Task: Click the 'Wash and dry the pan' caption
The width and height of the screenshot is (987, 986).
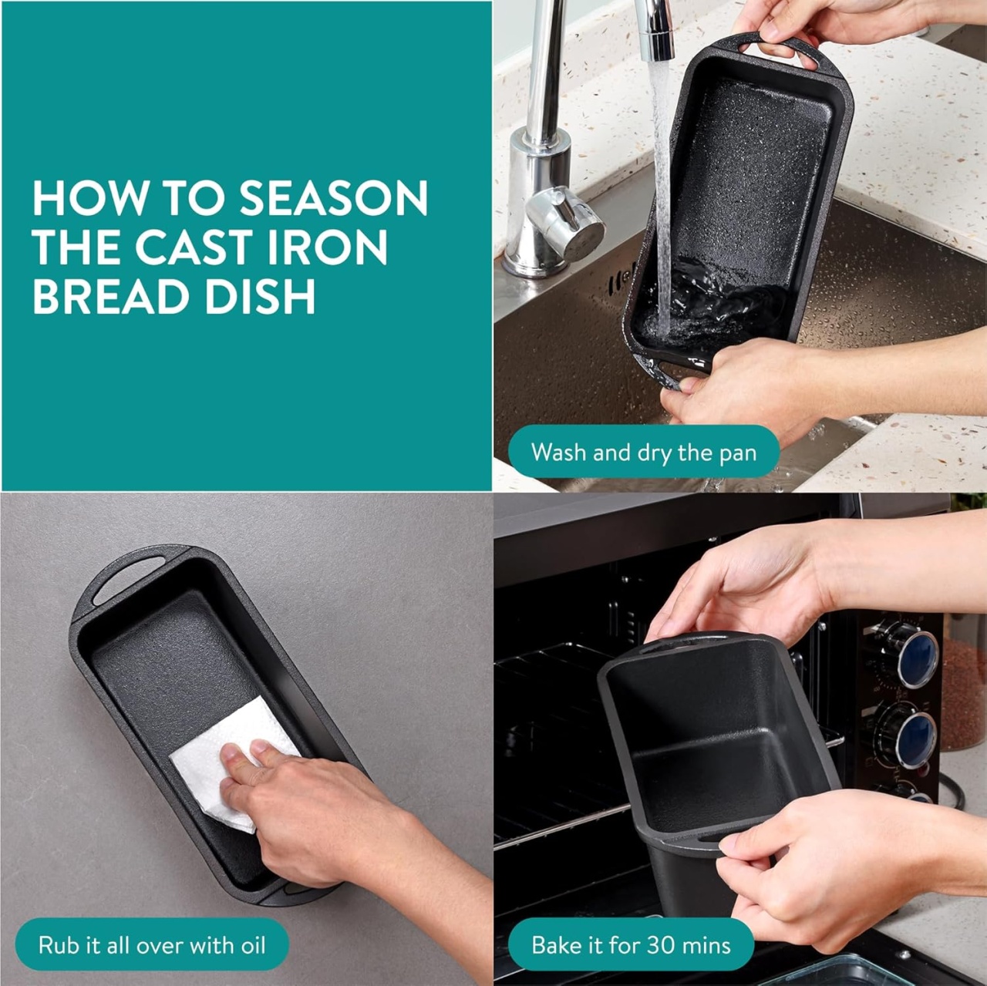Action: coord(644,453)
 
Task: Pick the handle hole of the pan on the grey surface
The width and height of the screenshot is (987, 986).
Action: coord(128,584)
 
